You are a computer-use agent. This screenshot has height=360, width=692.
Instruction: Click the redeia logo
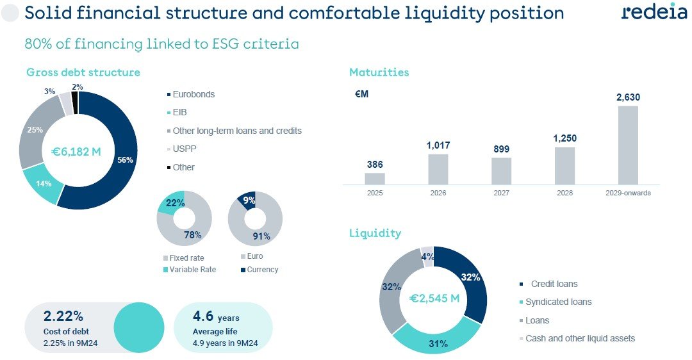(654, 12)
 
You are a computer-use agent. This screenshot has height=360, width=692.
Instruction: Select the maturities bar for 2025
(375, 179)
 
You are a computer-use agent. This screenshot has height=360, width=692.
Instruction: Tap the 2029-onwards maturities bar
(628, 145)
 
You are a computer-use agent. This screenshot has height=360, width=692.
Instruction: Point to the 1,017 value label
(438, 146)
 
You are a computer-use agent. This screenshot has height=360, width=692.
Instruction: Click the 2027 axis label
(502, 193)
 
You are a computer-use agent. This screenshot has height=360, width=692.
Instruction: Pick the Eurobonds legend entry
(194, 94)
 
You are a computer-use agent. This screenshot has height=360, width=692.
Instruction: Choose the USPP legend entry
(183, 149)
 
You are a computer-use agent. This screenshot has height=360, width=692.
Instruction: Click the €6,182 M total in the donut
(76, 152)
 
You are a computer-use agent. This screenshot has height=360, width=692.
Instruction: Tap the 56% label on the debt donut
(125, 160)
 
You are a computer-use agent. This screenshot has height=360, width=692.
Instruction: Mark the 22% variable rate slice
(170, 204)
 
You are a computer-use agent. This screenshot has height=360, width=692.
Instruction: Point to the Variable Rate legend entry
(192, 270)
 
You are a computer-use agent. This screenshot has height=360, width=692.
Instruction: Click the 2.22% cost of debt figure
(63, 316)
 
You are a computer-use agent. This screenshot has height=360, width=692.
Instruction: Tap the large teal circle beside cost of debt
(139, 327)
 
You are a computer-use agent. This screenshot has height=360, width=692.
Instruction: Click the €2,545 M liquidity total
(434, 298)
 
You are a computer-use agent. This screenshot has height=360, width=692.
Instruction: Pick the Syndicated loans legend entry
(558, 302)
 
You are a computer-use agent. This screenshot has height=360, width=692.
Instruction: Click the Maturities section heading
(379, 72)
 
